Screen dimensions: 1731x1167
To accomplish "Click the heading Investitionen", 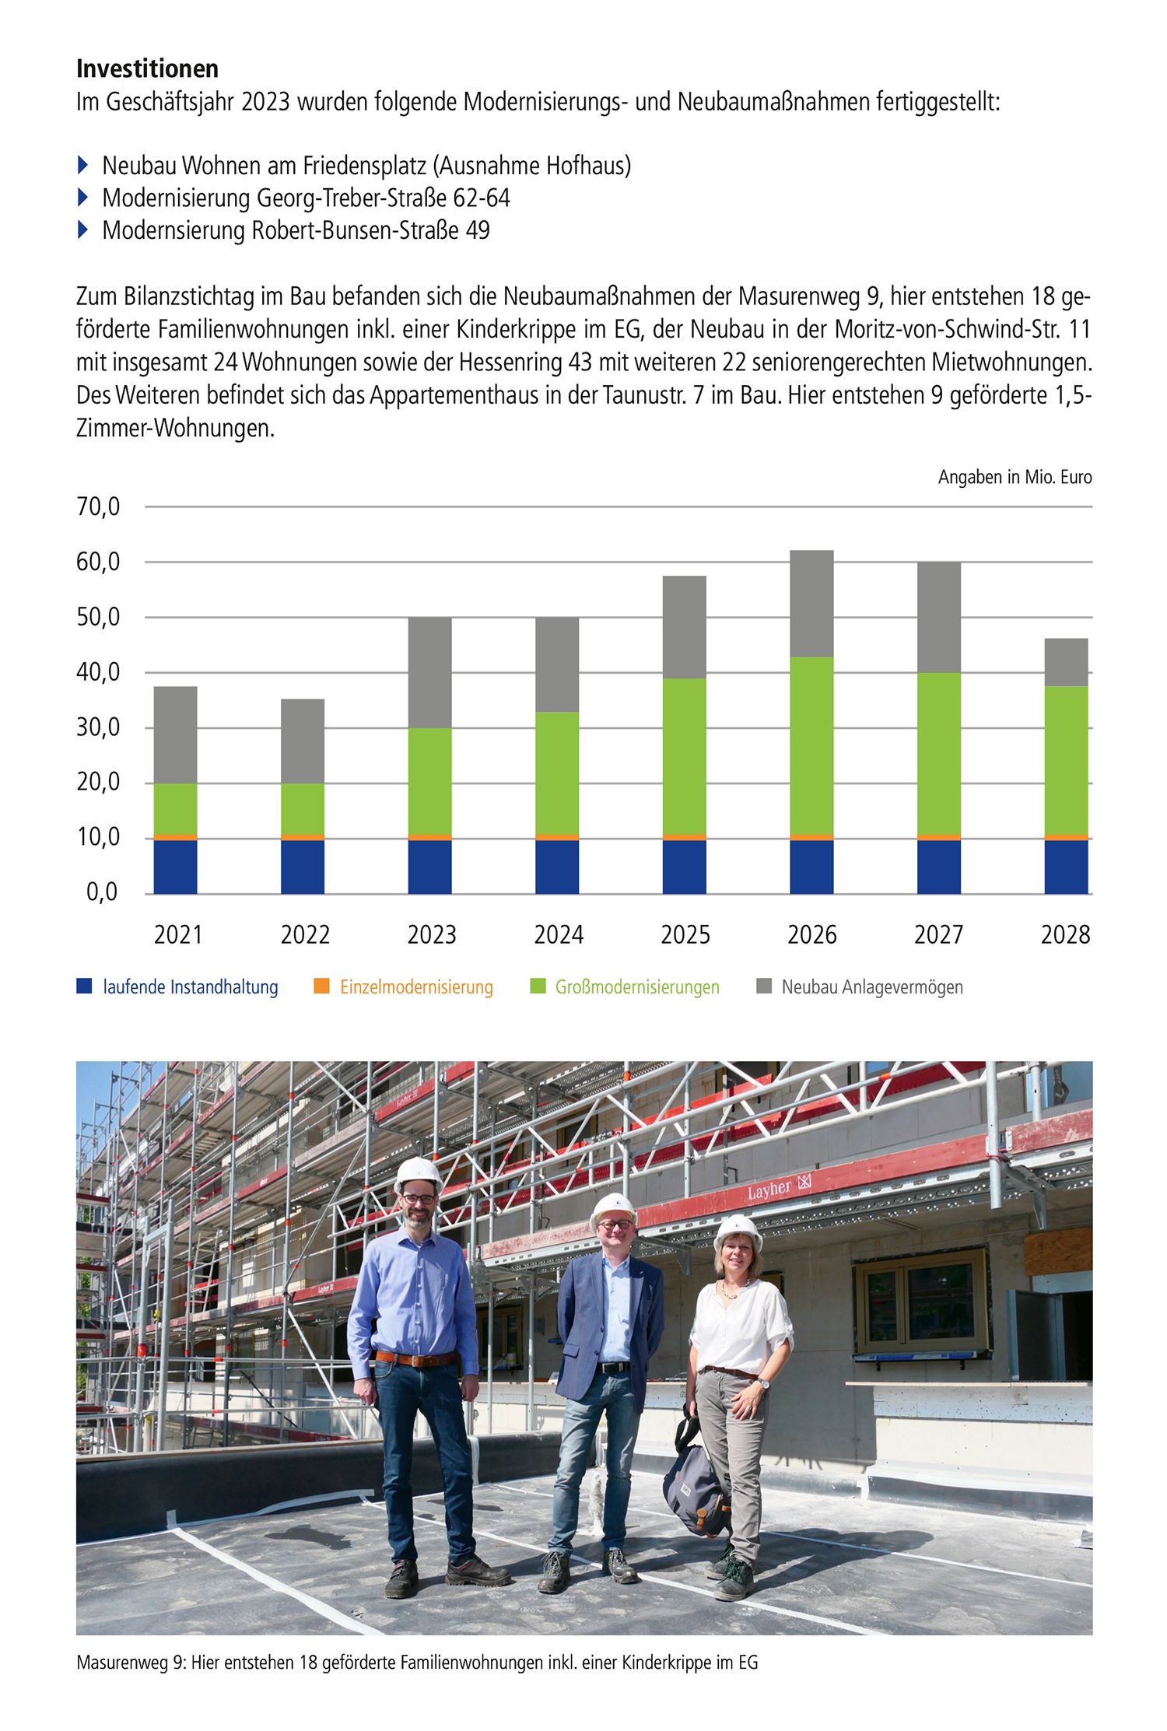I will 147,68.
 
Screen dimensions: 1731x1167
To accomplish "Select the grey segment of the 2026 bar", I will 811,603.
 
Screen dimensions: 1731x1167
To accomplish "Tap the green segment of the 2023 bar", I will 429,780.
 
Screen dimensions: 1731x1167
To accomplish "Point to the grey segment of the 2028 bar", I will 1066,661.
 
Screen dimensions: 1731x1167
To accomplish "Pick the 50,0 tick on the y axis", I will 98,617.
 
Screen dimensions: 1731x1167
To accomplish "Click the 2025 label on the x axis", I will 685,934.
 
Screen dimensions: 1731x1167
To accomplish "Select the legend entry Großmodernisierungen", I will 636,986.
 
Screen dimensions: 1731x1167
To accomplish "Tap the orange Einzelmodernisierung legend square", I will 321,986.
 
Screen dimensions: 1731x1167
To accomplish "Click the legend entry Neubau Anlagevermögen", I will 871,986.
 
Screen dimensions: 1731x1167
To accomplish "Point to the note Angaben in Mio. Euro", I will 1015,477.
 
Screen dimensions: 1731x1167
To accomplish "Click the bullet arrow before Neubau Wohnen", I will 83,165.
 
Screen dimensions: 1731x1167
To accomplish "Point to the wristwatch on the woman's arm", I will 765,1382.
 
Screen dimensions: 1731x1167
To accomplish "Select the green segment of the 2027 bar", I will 938,753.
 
